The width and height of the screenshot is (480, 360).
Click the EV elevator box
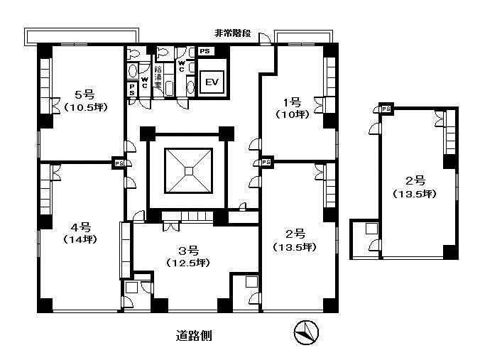point(212,82)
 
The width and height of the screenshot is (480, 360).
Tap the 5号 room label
point(84,94)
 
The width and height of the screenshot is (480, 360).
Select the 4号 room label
point(81,227)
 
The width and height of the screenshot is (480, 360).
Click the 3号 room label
point(189,251)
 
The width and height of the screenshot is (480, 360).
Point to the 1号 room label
point(293,102)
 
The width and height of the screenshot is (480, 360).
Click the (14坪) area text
point(80,239)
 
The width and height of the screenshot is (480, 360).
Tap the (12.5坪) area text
point(188,263)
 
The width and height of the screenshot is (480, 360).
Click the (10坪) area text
point(293,114)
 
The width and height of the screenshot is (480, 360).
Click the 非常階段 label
point(233,33)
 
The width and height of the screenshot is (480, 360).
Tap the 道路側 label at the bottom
point(194,336)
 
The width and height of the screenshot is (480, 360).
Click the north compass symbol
point(306,332)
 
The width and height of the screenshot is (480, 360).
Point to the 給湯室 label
point(158,77)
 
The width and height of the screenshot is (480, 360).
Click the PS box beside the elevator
point(204,51)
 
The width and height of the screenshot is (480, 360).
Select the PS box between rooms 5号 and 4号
point(119,163)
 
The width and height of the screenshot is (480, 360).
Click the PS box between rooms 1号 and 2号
point(266,162)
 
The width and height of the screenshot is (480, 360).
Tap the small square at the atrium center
point(189,171)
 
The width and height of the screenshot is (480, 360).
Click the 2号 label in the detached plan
point(415,181)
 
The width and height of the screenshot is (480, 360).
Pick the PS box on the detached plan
point(386,109)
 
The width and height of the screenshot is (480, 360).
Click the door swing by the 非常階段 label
point(265,38)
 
